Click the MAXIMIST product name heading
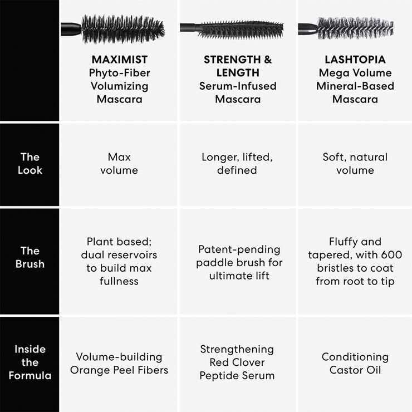point(119,60)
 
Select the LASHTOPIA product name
point(355,60)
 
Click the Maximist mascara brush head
point(124,28)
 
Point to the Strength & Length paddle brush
point(241,29)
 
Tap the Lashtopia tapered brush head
point(354,28)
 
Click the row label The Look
point(30,164)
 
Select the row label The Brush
point(30,257)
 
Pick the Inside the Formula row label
point(30,362)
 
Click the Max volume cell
point(119,164)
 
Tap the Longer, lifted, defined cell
point(237,164)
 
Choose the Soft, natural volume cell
point(355,164)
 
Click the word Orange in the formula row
point(90,370)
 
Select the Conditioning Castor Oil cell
point(355,364)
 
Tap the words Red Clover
point(237,362)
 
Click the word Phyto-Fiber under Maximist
point(119,73)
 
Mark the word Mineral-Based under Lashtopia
point(355,86)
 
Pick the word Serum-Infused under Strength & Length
point(238,86)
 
